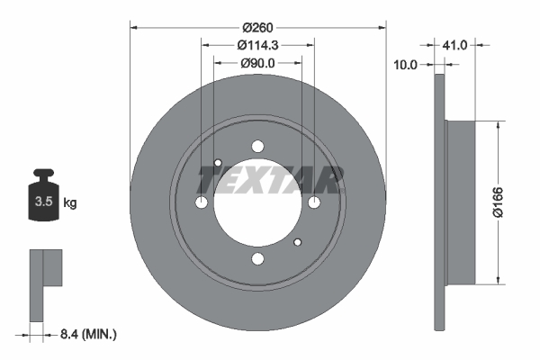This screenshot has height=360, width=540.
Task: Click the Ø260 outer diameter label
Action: click(257, 17)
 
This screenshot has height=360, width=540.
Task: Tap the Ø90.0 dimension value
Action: click(257, 63)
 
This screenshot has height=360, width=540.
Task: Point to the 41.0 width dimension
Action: click(455, 44)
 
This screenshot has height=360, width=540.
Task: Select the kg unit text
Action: click(70, 202)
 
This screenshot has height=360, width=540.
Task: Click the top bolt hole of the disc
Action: click(258, 147)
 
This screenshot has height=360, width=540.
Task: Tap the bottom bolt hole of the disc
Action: click(258, 260)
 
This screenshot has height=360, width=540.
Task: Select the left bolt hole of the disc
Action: click(202, 203)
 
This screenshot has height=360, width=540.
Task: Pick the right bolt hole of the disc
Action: click(314, 203)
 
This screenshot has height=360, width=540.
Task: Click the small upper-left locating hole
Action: click(218, 163)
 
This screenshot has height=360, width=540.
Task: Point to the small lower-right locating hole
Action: click(299, 242)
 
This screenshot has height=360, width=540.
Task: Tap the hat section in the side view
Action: click(458, 202)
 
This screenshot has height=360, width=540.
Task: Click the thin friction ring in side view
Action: click(439, 202)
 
